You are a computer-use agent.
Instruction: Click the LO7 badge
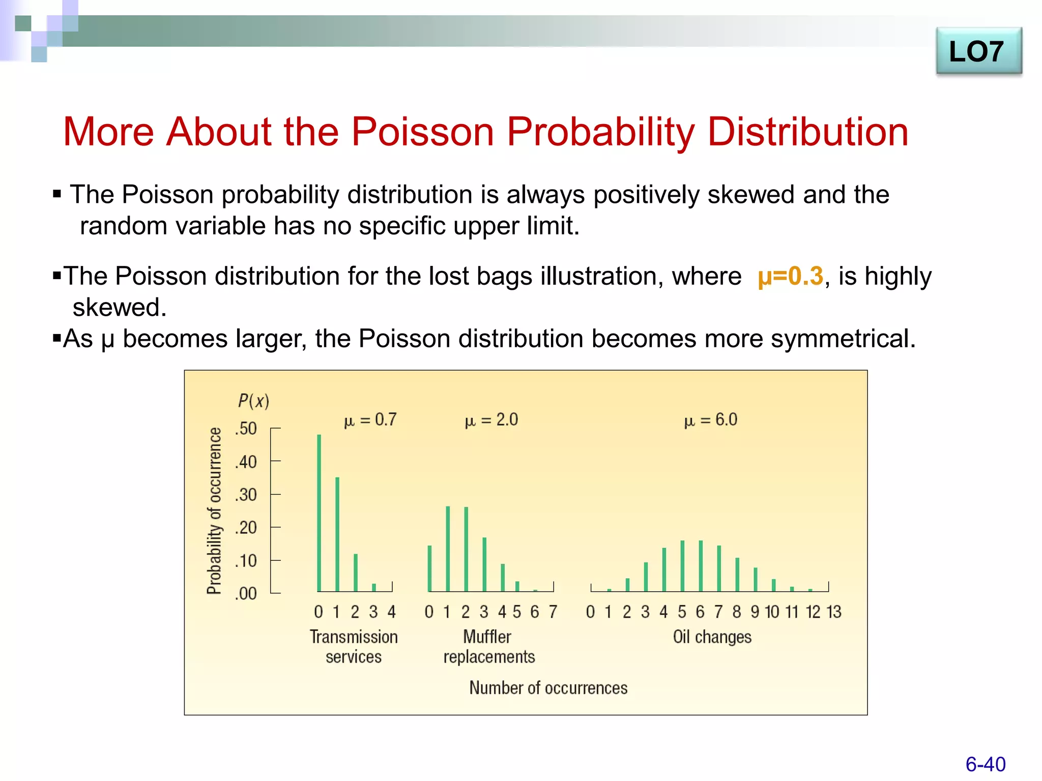tap(978, 52)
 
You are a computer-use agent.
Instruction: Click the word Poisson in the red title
tap(423, 132)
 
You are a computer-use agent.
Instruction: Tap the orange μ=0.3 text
tap(790, 277)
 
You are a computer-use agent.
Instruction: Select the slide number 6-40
tap(985, 764)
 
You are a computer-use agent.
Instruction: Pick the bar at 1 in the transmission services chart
tap(337, 534)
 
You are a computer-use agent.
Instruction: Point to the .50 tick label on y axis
tap(246, 429)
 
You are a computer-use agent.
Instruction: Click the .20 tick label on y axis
tap(246, 528)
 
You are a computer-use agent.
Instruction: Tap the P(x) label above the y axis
tap(253, 401)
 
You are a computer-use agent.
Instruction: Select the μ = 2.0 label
tap(491, 420)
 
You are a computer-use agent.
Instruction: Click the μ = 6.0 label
tap(711, 420)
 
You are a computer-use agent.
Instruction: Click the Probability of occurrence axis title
tap(215, 510)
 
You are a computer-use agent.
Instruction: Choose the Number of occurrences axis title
tap(548, 688)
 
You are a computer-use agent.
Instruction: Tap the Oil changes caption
tap(712, 637)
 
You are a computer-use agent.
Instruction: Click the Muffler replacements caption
tap(488, 647)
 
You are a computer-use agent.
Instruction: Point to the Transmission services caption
tap(354, 647)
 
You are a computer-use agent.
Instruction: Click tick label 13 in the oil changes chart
tap(833, 612)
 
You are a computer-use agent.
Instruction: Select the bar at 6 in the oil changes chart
tap(701, 565)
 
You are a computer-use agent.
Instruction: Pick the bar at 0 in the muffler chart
tap(429, 568)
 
